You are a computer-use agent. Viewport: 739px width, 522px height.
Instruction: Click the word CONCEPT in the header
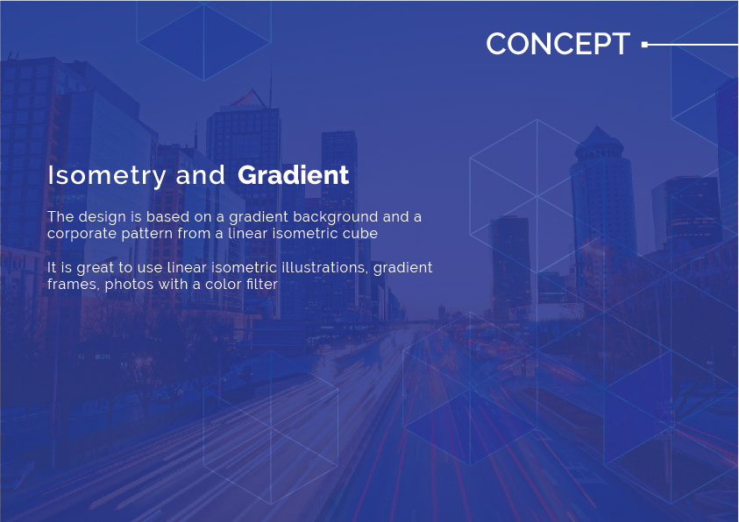[x=558, y=44]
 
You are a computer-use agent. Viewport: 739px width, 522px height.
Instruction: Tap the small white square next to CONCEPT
[x=644, y=45]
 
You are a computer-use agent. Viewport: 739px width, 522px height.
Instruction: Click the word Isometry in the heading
[x=107, y=176]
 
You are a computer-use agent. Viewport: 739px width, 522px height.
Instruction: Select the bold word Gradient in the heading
[x=293, y=175]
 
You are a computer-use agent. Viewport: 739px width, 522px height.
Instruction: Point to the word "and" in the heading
[x=200, y=175]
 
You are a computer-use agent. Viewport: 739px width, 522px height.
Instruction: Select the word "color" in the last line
[x=223, y=285]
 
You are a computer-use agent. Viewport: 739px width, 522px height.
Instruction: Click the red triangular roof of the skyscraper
[x=249, y=98]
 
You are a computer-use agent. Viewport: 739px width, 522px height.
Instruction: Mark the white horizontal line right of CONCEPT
[x=693, y=45]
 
